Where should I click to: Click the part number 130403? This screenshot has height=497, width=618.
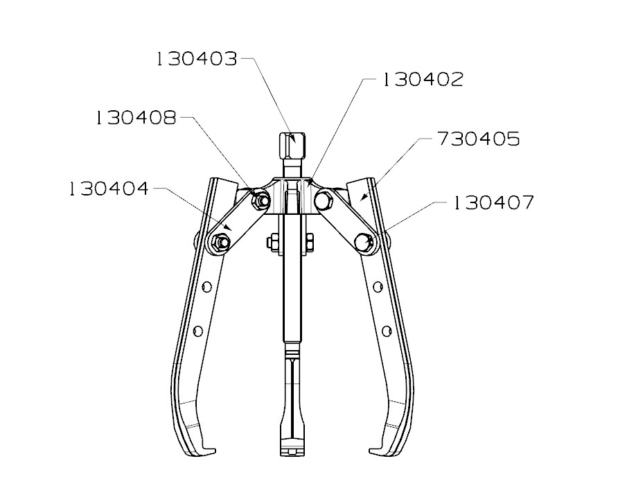coord(197,60)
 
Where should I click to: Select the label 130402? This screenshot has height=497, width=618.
coord(423,80)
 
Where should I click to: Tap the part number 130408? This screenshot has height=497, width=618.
coord(136,117)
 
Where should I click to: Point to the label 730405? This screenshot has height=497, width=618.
coord(478,139)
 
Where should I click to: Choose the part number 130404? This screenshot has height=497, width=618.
coord(109,189)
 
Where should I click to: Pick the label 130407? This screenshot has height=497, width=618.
coord(494,203)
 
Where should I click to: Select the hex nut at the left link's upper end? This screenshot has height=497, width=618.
coord(261,201)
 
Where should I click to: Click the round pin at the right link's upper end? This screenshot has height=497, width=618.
coord(321,200)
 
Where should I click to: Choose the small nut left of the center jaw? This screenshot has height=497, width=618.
coord(272,243)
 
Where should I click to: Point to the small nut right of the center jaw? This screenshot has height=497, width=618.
coord(308,243)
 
